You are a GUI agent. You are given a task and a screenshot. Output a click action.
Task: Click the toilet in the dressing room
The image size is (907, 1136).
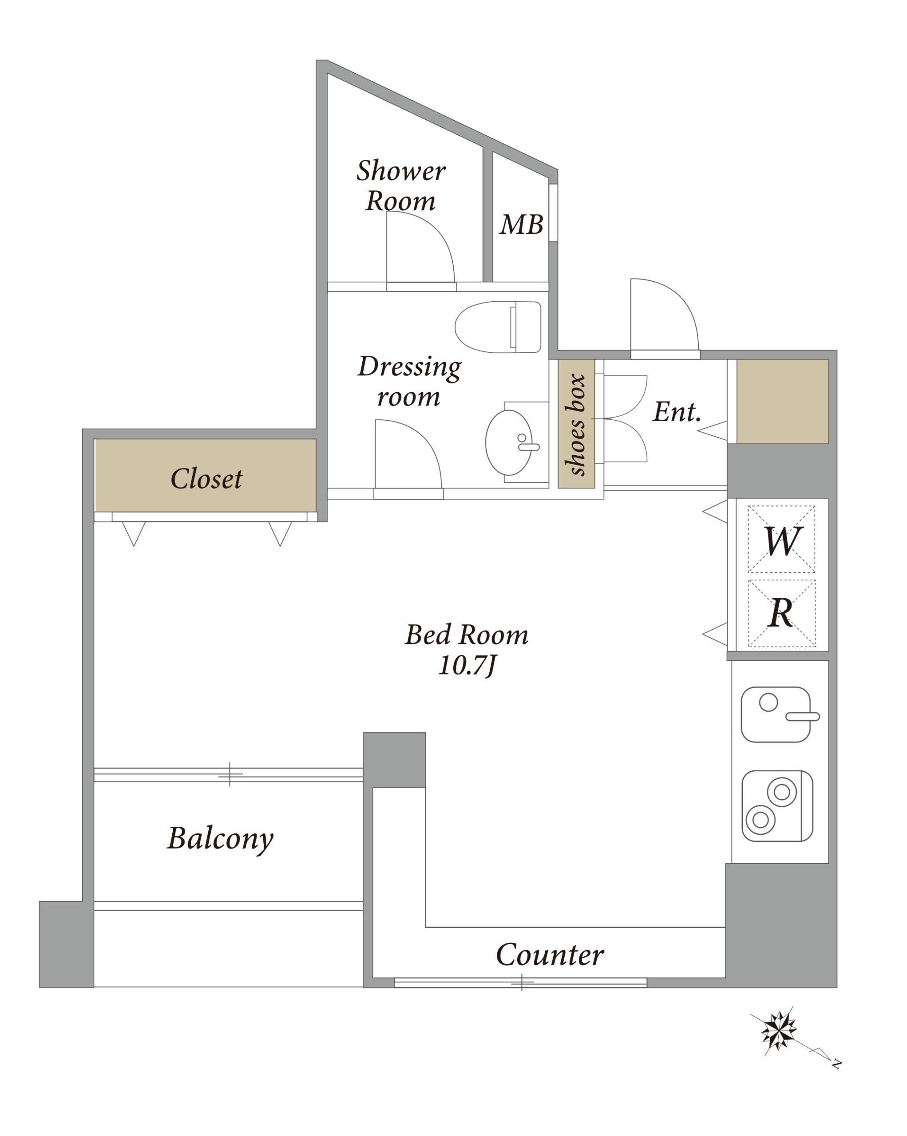click(498, 327)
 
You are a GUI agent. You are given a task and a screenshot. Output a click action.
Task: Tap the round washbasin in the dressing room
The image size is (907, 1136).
click(509, 442)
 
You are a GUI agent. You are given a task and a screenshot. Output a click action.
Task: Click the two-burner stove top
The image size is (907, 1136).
click(777, 806)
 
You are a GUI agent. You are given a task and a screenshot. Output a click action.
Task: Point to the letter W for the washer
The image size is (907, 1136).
click(783, 540)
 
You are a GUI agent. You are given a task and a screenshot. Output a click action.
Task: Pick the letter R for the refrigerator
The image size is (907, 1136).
click(781, 613)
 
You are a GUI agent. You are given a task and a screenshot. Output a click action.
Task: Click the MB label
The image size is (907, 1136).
click(521, 225)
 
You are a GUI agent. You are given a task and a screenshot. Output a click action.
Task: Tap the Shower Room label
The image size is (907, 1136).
click(400, 185)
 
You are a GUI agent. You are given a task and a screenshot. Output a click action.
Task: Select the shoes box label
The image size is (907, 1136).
click(575, 425)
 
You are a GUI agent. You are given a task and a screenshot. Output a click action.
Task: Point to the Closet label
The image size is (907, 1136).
click(206, 478)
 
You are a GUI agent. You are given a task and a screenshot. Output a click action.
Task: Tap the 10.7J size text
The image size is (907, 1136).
click(467, 667)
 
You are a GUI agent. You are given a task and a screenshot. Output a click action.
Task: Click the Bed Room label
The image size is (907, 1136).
click(467, 635)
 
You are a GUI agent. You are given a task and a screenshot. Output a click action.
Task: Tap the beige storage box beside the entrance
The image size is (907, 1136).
click(782, 402)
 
